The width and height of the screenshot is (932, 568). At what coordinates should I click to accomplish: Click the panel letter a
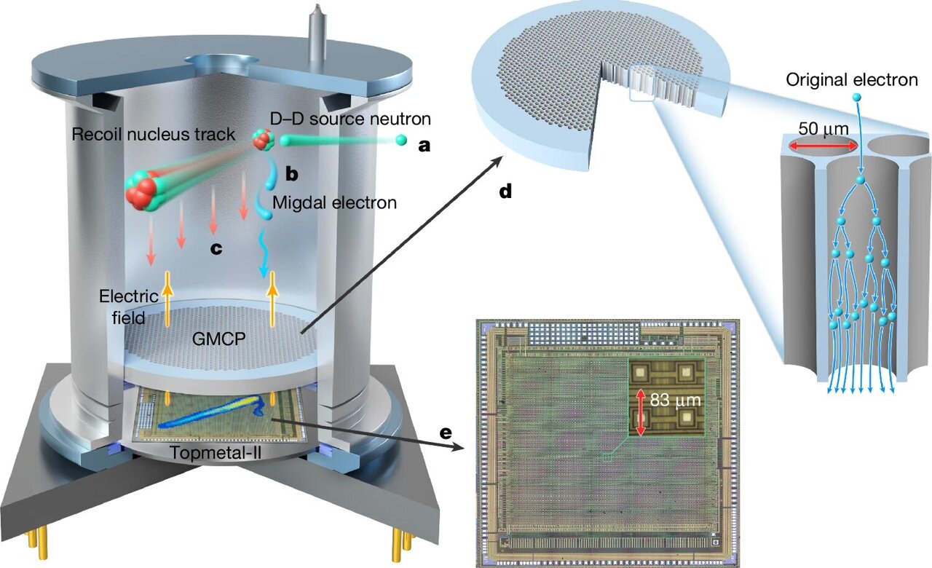click(424, 146)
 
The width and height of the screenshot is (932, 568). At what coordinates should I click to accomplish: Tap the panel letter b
click(291, 173)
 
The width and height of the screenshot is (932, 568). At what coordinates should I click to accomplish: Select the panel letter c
click(216, 248)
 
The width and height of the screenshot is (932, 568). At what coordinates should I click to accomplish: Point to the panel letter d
click(505, 192)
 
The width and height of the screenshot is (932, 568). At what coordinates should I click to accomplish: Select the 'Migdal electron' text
click(335, 202)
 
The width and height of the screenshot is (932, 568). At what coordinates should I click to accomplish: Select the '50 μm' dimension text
click(824, 128)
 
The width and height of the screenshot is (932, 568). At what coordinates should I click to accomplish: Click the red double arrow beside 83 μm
click(641, 412)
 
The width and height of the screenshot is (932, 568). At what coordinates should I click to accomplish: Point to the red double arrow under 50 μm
click(823, 146)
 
